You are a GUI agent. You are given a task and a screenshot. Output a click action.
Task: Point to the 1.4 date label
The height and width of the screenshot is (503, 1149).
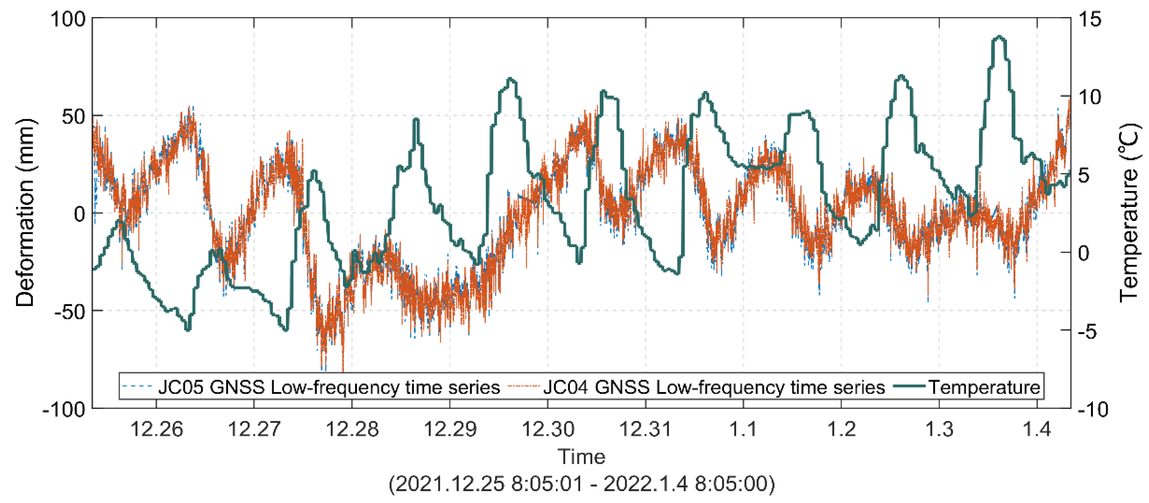pyautogui.click(x=1037, y=429)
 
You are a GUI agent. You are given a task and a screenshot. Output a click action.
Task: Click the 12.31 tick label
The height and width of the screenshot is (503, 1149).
pyautogui.click(x=645, y=429)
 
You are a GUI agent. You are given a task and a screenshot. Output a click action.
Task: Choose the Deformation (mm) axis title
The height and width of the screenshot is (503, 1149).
pyautogui.click(x=25, y=213)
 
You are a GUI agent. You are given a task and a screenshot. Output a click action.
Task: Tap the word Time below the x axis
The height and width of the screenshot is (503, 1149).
pyautogui.click(x=581, y=457)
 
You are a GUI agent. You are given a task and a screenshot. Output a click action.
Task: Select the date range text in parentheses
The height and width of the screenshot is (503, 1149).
pyautogui.click(x=581, y=484)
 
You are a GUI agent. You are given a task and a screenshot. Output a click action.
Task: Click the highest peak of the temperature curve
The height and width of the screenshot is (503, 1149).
pyautogui.click(x=999, y=37)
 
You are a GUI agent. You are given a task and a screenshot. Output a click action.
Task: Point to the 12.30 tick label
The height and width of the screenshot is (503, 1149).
pyautogui.click(x=548, y=429)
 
